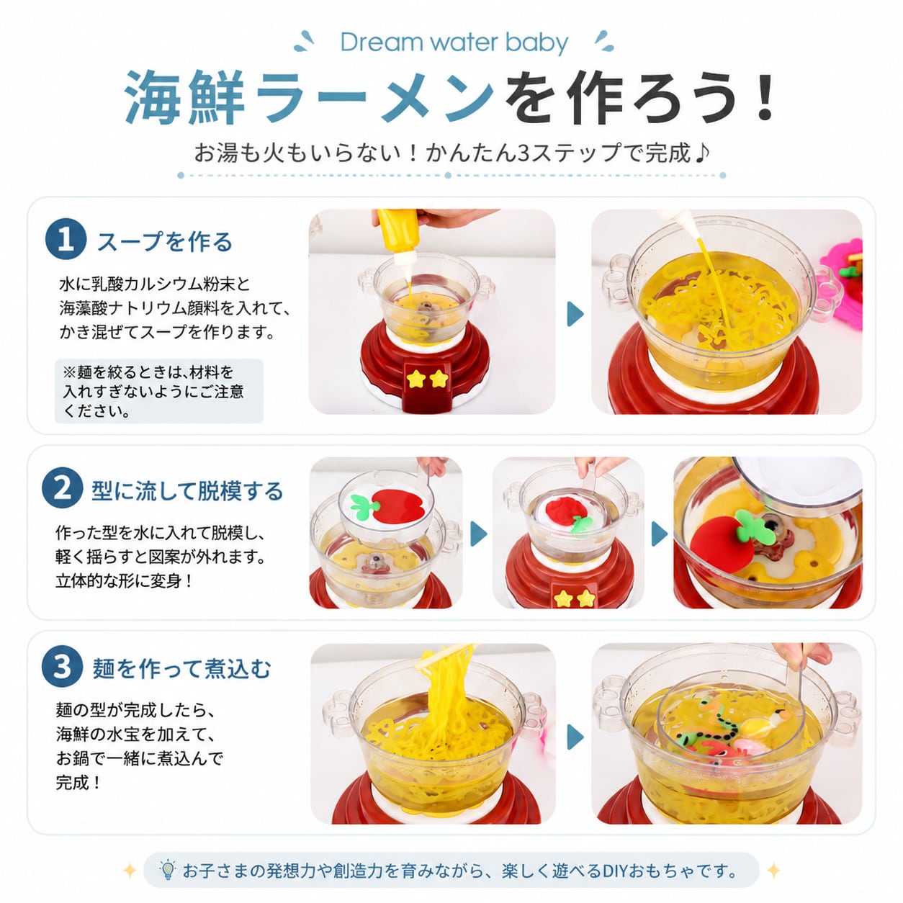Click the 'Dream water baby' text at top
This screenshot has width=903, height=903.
click(454, 43)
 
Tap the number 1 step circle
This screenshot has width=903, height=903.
click(66, 240)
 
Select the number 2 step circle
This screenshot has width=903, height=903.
click(63, 488)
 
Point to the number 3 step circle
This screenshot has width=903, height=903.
click(63, 667)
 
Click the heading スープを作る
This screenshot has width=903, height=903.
click(164, 242)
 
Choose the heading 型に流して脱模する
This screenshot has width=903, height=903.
click(187, 490)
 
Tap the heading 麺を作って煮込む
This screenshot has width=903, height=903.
click(181, 669)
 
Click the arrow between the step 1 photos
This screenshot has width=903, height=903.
click(575, 313)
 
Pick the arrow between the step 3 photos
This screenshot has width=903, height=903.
click(575, 737)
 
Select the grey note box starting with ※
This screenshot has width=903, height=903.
click(159, 391)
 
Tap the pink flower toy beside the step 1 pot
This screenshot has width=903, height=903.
click(843, 282)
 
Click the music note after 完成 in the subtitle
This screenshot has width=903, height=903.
click(701, 153)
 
